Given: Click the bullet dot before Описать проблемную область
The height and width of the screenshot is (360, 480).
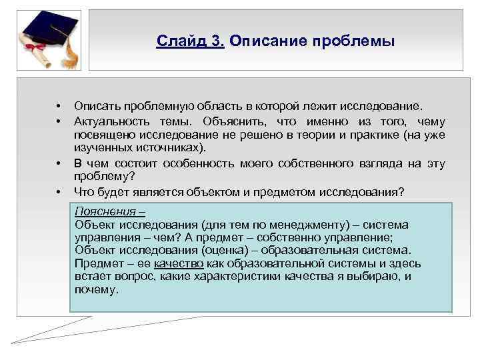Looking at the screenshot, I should tap(59, 107).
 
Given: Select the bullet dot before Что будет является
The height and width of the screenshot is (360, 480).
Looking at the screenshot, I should tap(59, 193).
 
